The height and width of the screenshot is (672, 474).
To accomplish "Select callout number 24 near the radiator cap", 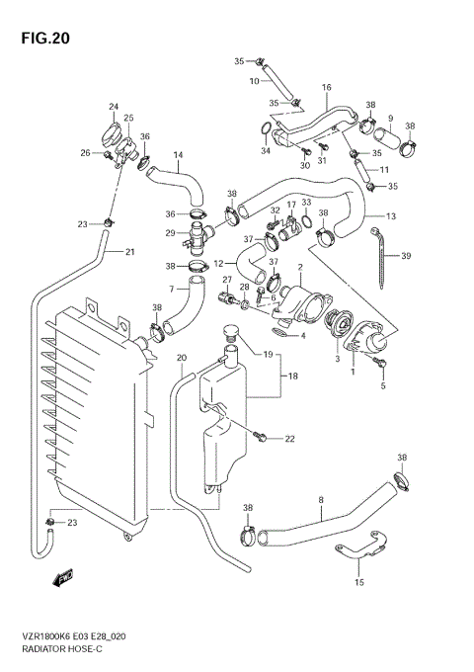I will [114, 107].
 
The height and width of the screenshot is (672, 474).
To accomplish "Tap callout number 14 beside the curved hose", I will [179, 154].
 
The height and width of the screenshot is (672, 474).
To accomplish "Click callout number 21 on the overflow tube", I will [129, 252].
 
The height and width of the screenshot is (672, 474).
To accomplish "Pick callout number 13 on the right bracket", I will [391, 215].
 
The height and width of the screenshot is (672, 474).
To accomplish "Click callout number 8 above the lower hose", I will [321, 500].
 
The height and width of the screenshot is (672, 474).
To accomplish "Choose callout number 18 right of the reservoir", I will [292, 377].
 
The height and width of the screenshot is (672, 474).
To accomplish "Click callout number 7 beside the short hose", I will [170, 289].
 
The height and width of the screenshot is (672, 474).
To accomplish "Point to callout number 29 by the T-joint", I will [170, 232].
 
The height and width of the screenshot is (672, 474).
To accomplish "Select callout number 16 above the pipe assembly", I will [326, 88].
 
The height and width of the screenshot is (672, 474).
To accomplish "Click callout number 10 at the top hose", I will [254, 80].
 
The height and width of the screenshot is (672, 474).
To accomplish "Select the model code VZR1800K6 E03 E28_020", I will [74, 639].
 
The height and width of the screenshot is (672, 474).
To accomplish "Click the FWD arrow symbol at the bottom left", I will [65, 576].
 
